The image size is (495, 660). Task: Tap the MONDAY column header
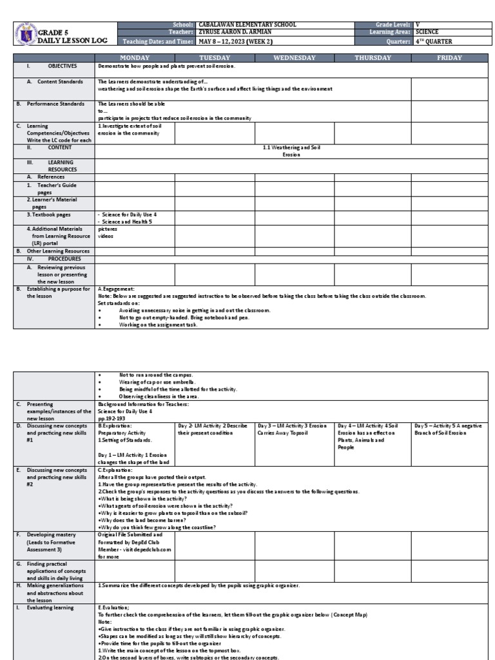tap(134, 58)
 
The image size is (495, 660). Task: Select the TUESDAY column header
tap(214, 58)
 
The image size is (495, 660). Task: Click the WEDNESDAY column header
tap(294, 58)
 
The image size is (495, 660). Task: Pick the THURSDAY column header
tap(373, 58)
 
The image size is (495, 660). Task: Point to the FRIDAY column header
tap(449, 58)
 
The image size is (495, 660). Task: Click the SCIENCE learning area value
tap(427, 32)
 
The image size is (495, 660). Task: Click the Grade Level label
tap(389, 24)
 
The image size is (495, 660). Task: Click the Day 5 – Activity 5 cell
tap(449, 429)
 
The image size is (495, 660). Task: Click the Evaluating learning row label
tap(50, 607)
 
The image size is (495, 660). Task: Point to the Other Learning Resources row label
tap(53, 251)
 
